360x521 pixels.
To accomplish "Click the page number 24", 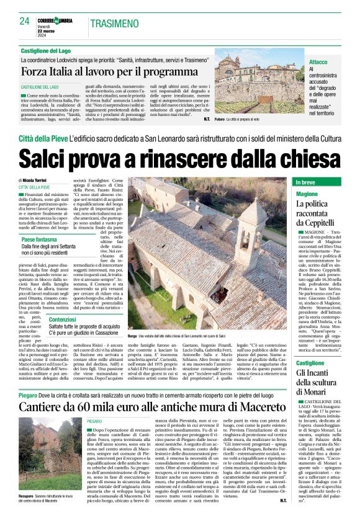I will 24,21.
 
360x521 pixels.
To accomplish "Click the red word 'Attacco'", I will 318,63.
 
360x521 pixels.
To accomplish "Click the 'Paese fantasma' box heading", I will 41,239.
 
